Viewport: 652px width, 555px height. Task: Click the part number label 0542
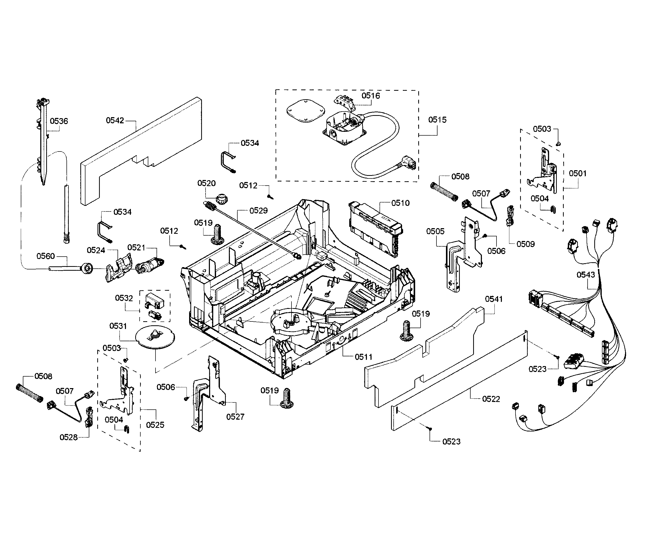(115, 120)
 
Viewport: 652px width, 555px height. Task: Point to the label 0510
(400, 203)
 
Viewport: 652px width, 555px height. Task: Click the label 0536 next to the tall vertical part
(59, 121)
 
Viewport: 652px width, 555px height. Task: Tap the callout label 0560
(46, 256)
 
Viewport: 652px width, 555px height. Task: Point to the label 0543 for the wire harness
(586, 275)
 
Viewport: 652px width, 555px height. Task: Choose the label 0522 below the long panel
(491, 399)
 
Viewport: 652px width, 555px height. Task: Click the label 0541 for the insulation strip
(494, 299)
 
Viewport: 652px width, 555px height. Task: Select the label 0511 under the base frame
(363, 357)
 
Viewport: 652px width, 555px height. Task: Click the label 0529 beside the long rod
(258, 211)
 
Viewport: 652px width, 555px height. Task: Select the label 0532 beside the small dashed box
(124, 298)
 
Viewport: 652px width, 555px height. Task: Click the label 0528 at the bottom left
(69, 437)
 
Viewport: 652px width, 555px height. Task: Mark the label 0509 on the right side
(526, 244)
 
